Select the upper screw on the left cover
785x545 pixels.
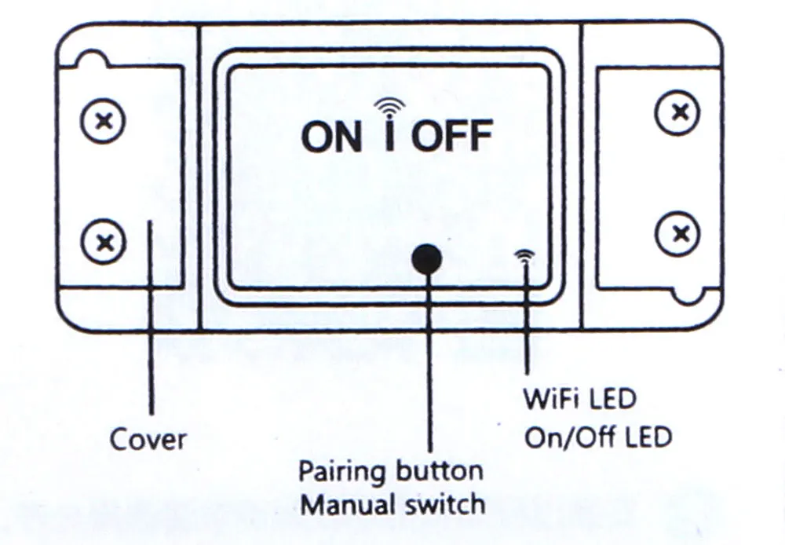click(x=103, y=121)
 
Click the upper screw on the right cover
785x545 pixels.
click(x=677, y=112)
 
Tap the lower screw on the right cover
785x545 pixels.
click(x=677, y=232)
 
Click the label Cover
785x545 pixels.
click(x=148, y=439)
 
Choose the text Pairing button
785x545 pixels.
click(x=390, y=471)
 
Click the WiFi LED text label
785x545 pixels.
click(x=579, y=398)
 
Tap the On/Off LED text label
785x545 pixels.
click(x=598, y=437)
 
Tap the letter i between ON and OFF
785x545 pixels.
click(x=389, y=136)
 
